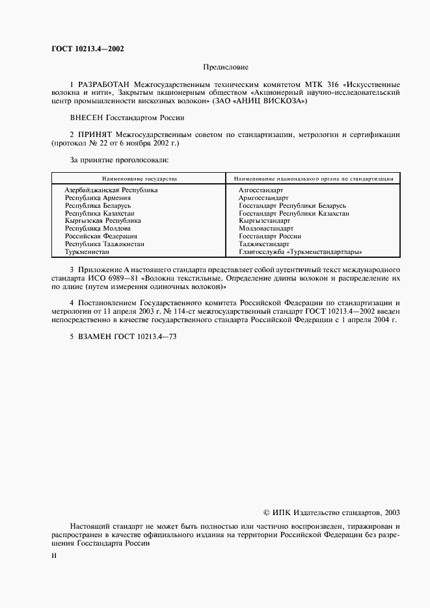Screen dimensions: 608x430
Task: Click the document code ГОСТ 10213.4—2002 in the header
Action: (x=88, y=49)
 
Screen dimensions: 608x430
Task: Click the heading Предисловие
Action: (x=226, y=67)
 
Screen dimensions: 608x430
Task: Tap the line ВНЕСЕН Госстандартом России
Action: (x=127, y=118)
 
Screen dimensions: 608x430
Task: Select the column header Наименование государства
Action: (x=139, y=178)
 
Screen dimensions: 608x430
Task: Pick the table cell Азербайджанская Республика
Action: (x=111, y=190)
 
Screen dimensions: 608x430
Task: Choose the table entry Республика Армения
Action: (x=98, y=198)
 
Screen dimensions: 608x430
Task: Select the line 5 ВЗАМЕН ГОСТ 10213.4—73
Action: (x=123, y=337)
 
